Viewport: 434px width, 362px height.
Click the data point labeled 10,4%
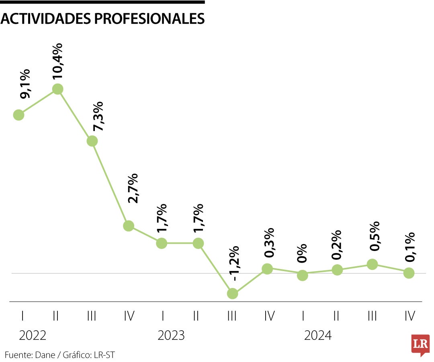58,89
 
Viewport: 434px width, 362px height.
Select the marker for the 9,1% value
18,115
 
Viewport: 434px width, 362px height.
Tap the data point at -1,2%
232,294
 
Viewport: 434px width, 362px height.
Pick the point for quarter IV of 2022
128,226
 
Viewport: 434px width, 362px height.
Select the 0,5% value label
374,236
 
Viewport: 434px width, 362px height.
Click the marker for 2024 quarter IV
409,273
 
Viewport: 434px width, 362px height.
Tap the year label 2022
33,335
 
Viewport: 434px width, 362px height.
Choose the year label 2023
171,335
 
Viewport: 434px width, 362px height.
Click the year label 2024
318,335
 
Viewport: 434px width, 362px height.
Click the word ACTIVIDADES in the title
43,19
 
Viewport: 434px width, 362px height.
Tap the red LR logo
420,345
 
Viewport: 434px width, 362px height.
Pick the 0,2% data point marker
337,269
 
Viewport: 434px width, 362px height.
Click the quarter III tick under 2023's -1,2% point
232,317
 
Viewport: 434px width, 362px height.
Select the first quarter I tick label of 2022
23,317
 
